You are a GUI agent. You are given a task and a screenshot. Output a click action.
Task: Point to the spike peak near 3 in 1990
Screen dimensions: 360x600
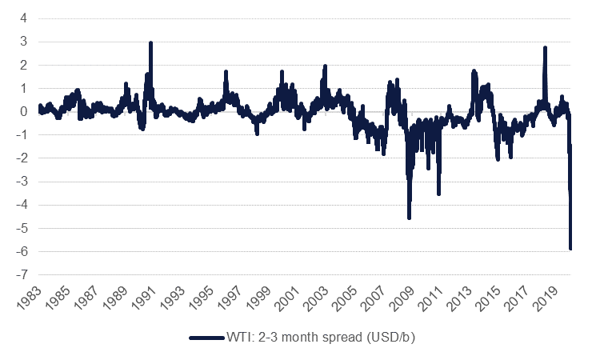150,43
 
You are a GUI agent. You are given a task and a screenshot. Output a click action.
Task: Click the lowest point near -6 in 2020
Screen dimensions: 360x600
570,248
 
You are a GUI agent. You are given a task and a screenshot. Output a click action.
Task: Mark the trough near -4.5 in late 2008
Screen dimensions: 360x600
409,217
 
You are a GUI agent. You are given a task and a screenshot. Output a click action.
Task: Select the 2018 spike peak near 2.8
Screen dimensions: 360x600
545,48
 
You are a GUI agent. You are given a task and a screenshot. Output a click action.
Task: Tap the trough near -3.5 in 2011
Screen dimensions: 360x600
438,193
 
